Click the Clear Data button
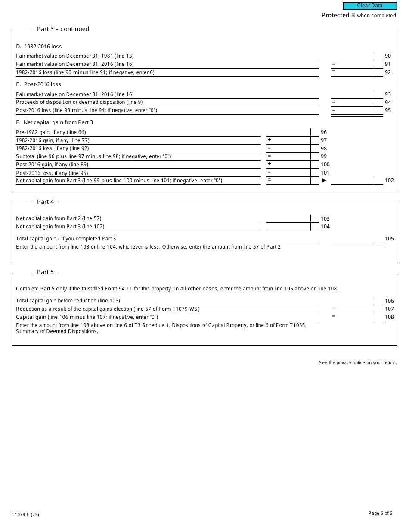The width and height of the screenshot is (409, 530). [x=369, y=6]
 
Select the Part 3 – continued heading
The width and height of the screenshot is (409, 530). [x=63, y=29]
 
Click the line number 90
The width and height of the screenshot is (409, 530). [x=388, y=56]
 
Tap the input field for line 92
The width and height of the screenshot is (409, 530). [x=356, y=72]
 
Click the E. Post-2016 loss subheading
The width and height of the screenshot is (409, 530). [x=38, y=84]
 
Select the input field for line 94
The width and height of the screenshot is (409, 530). [x=356, y=103]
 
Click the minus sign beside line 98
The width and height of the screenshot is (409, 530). [x=270, y=148]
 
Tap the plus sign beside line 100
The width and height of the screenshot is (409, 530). [x=270, y=164]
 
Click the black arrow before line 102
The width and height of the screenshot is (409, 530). [x=324, y=181]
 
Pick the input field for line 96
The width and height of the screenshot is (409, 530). [x=288, y=132]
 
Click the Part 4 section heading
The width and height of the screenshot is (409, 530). [x=45, y=202]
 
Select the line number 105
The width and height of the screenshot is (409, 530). [x=389, y=239]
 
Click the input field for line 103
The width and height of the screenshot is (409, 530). [x=288, y=219]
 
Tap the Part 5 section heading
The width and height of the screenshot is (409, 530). [x=45, y=272]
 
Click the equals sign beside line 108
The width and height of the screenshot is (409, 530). [x=333, y=317]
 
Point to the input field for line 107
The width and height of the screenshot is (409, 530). [x=356, y=309]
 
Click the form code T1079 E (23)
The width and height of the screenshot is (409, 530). [x=25, y=514]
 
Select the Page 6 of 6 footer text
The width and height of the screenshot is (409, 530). [x=380, y=513]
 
